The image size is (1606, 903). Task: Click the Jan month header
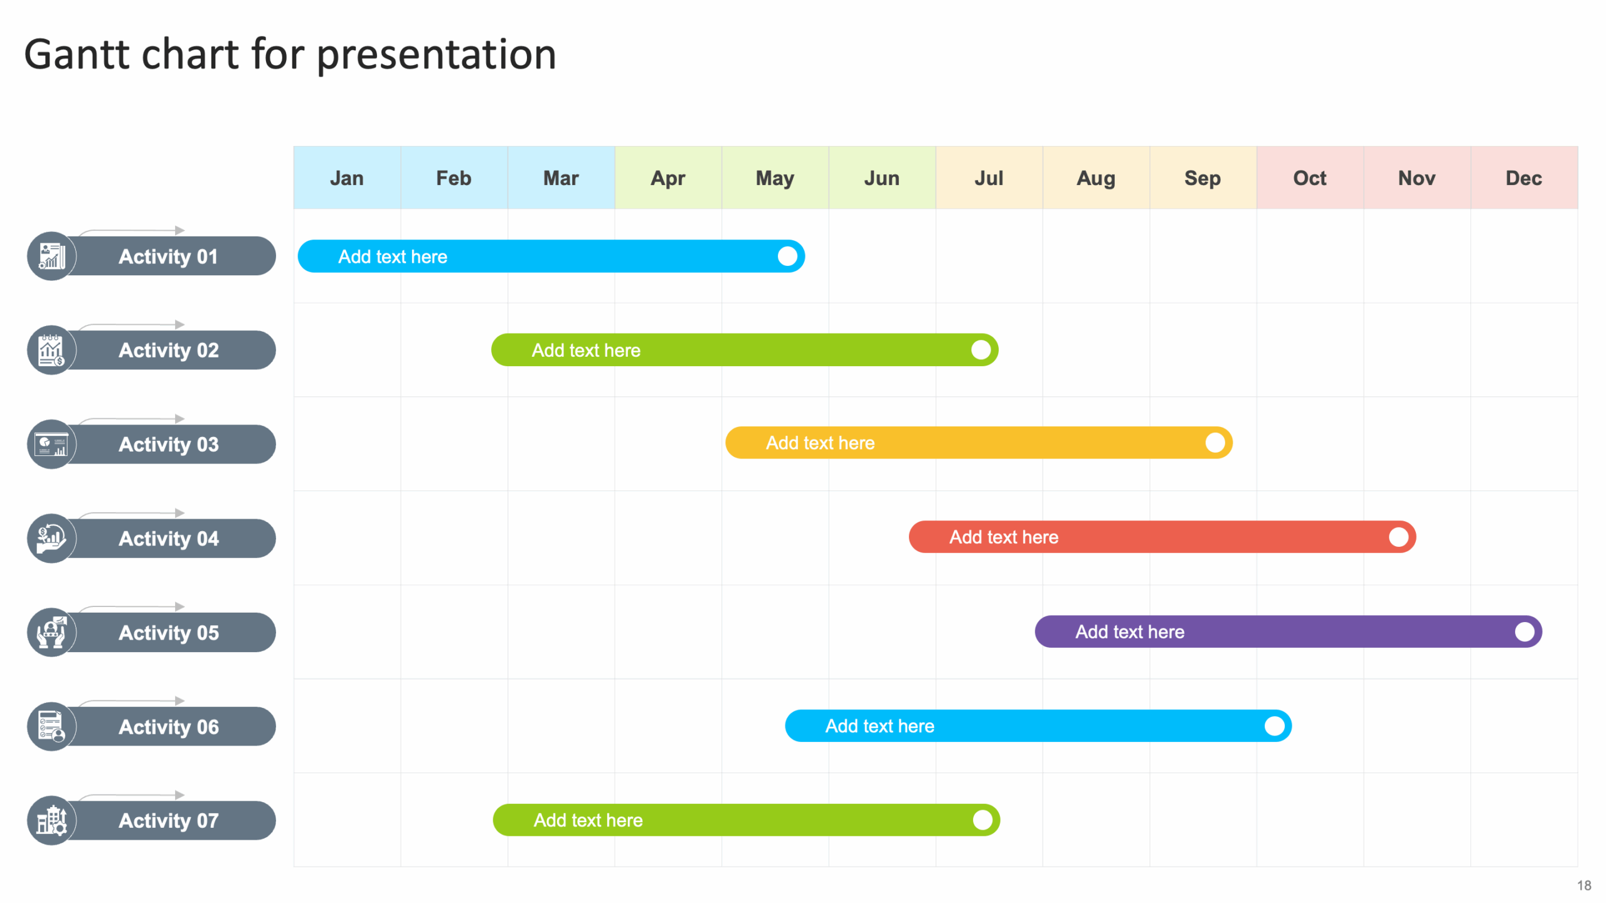[x=347, y=178]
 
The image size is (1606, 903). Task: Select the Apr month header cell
[x=667, y=178]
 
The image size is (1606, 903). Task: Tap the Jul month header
[x=989, y=178]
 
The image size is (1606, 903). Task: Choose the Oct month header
[x=1309, y=178]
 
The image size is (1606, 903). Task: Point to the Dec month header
[x=1523, y=178]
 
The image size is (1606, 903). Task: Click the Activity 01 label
[x=168, y=256]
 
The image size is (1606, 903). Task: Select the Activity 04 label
[x=168, y=539]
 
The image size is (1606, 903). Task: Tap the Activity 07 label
[x=168, y=821]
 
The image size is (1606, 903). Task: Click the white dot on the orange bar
[x=1215, y=443]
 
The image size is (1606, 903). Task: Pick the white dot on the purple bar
[x=1524, y=632]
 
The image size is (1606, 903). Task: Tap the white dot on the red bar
[x=1398, y=537]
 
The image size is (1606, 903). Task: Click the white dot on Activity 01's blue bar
[x=787, y=256]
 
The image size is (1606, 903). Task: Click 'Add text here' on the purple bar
[x=1130, y=632]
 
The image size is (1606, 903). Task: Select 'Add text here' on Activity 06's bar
[x=880, y=726]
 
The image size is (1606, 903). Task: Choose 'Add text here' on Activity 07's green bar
[x=588, y=820]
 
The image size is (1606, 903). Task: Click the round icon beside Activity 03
[x=51, y=445]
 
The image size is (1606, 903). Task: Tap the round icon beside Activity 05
[x=51, y=633]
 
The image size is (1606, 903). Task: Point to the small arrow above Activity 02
[x=179, y=325]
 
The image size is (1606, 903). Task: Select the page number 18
[x=1583, y=885]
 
